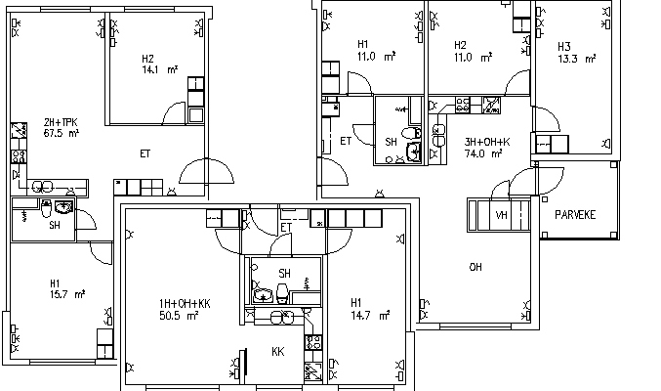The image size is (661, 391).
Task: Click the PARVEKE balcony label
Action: click(575, 215)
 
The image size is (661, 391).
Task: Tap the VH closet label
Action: click(501, 215)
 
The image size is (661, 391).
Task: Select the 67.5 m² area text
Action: click(62, 134)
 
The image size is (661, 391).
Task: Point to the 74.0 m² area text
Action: click(483, 153)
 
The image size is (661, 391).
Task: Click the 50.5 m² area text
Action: click(179, 316)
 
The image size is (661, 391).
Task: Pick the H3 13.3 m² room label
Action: click(577, 53)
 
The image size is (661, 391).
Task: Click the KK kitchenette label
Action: click(278, 351)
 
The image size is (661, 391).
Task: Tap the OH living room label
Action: click(475, 267)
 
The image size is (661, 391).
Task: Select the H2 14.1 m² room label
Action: click(159, 65)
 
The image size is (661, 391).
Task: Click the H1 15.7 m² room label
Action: click(67, 288)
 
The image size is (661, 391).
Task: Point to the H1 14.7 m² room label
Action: click(370, 309)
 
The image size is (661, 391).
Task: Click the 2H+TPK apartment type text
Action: click(61, 122)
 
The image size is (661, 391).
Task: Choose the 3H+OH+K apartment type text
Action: click(487, 142)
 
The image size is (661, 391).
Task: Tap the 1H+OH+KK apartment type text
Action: click(185, 304)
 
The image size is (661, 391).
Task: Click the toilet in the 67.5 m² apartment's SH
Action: click(46, 208)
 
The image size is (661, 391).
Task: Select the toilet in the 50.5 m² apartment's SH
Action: click(282, 293)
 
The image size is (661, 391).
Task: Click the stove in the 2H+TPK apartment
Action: click(19, 156)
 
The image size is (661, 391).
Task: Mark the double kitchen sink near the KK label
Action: click(282, 317)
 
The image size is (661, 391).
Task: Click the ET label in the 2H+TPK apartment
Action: click(145, 153)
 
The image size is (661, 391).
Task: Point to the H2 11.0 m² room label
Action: click(473, 51)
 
